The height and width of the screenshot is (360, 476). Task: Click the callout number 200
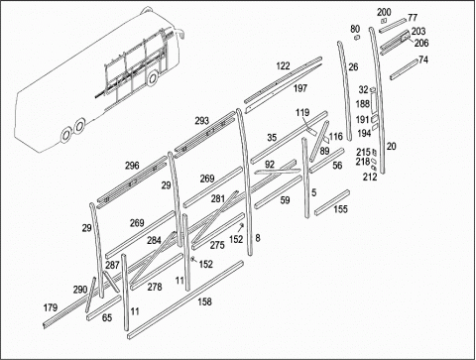point(384,12)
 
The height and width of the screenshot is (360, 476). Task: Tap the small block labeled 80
point(356,37)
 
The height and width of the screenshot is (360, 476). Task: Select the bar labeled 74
point(404,69)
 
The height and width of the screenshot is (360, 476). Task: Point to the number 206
point(421,43)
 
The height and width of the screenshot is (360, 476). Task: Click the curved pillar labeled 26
point(345,89)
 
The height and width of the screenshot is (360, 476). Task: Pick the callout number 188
point(363,104)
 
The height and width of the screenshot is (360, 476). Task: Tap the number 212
point(370,177)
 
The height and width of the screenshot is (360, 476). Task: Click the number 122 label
point(283,66)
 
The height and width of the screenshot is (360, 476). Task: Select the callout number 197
point(300,88)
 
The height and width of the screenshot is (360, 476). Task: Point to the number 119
point(302,113)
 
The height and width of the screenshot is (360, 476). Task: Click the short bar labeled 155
point(332,202)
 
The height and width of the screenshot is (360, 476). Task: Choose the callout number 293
point(201,121)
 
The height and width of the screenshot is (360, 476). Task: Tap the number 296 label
point(132,166)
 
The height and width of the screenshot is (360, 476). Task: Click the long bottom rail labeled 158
point(185,300)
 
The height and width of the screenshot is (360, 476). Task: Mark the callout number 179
point(51,307)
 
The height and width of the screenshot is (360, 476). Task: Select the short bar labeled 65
point(103,308)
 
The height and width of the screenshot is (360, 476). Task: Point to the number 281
point(218,199)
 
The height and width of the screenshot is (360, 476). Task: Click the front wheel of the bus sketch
point(153,78)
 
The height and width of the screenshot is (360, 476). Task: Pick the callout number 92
point(270,165)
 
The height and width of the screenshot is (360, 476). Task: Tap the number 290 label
point(80,290)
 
